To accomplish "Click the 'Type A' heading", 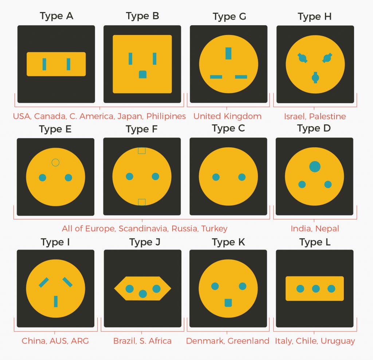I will point(56,16).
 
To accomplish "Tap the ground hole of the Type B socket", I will point(142,74).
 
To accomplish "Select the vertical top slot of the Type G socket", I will point(228,53).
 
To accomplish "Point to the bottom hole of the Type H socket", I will point(315,77).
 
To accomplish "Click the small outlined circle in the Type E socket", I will point(55,162).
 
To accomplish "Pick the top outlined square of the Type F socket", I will point(142,150).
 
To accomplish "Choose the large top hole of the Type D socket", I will point(315,167).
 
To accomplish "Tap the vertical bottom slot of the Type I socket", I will point(56,301).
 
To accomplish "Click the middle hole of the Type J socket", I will point(143,294).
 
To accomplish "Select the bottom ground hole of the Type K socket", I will point(228,302).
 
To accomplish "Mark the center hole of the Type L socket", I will point(316,289).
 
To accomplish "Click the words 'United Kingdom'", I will point(227,116).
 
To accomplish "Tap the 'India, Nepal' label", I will point(315,229).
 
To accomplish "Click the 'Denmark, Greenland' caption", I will point(228,341).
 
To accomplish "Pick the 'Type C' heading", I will point(228,129).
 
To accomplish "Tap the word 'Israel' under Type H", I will point(294,116).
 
